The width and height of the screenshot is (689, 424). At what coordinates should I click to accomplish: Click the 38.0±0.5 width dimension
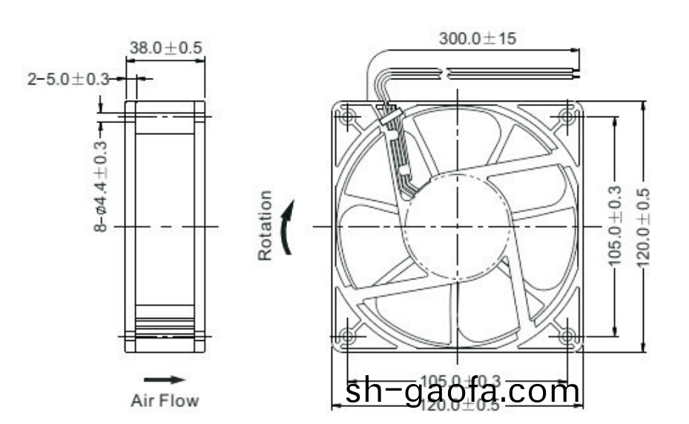pos(165,48)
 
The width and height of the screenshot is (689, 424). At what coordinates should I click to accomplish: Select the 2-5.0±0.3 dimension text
pos(68,78)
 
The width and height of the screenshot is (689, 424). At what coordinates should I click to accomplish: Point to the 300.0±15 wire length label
pos(476,39)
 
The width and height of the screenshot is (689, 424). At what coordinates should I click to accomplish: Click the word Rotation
pos(265,225)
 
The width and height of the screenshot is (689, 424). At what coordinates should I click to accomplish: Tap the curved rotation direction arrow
pos(289,226)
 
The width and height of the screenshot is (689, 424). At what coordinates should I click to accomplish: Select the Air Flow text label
pos(165,401)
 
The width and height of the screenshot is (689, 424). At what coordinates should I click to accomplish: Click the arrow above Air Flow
pos(164,380)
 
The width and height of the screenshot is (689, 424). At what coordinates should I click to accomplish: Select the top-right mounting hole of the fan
pos(568,116)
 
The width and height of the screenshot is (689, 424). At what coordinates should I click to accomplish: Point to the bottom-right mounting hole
pos(568,336)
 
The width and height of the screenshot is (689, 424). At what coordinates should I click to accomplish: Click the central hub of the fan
pos(458,225)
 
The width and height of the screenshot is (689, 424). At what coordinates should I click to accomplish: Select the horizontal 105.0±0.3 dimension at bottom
pos(458,381)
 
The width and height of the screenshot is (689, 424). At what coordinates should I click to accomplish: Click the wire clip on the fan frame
pos(389,119)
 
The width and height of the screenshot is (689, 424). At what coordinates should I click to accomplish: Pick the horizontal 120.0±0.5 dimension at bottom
pos(458,406)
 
